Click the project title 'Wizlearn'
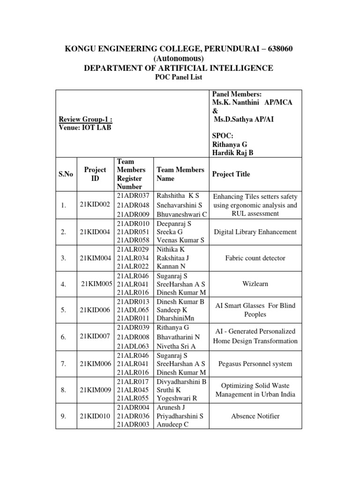pos(255,284)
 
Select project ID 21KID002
pos(95,205)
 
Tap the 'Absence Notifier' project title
pos(255,416)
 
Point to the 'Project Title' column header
pos(231,174)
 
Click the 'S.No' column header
pos(67,174)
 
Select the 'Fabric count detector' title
pos(255,258)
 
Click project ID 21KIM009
pos(96,389)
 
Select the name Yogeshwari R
pos(177,398)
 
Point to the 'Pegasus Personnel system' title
pos(255,363)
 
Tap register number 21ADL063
pos(133,346)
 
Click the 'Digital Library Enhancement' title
pos(255,232)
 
